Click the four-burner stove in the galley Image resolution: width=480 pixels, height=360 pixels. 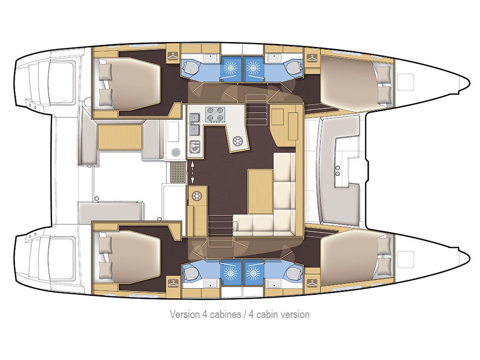[x=215, y=114]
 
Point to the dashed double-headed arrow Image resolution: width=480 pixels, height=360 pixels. [x=192, y=172]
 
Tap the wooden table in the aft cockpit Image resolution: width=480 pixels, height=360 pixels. [x=119, y=137]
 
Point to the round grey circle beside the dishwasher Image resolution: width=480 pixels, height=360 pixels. [x=175, y=152]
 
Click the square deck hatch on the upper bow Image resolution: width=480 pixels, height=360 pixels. [x=405, y=80]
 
